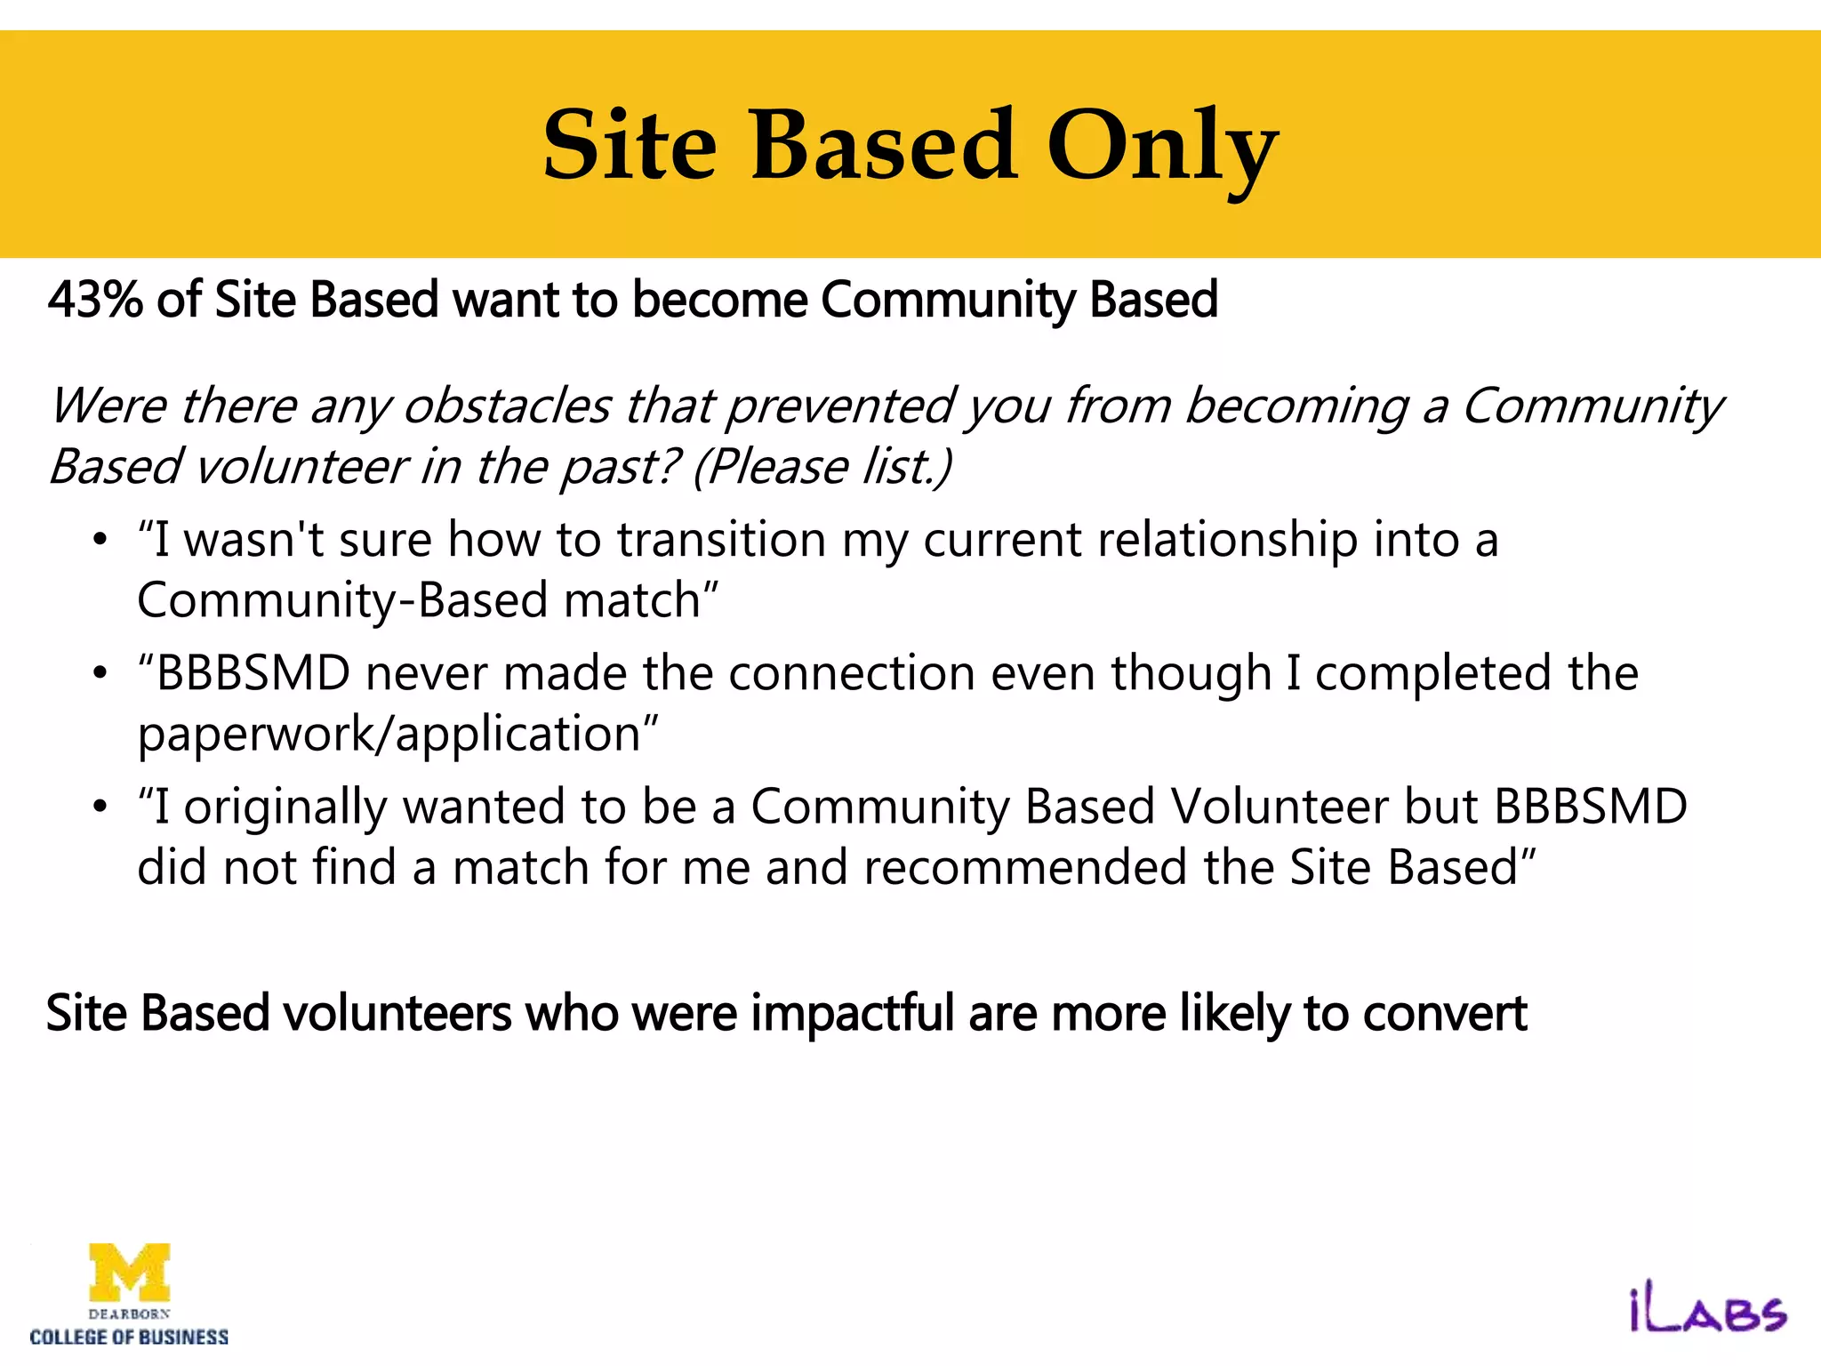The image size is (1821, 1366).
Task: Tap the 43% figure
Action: click(x=95, y=300)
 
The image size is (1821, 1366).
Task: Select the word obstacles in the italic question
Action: click(x=507, y=406)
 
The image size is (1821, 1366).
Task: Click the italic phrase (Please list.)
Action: click(x=822, y=467)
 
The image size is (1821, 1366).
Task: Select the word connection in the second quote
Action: click(x=852, y=673)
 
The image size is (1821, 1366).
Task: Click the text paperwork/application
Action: click(x=389, y=735)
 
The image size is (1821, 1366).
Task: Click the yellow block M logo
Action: click(x=130, y=1272)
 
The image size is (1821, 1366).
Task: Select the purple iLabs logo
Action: click(x=1707, y=1311)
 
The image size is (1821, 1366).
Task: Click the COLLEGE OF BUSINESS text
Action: click(x=130, y=1338)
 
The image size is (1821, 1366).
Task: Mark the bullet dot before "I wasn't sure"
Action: click(x=100, y=540)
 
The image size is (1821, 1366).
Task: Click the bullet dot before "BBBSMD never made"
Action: click(x=100, y=673)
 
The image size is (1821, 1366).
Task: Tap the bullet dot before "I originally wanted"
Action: click(x=100, y=808)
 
